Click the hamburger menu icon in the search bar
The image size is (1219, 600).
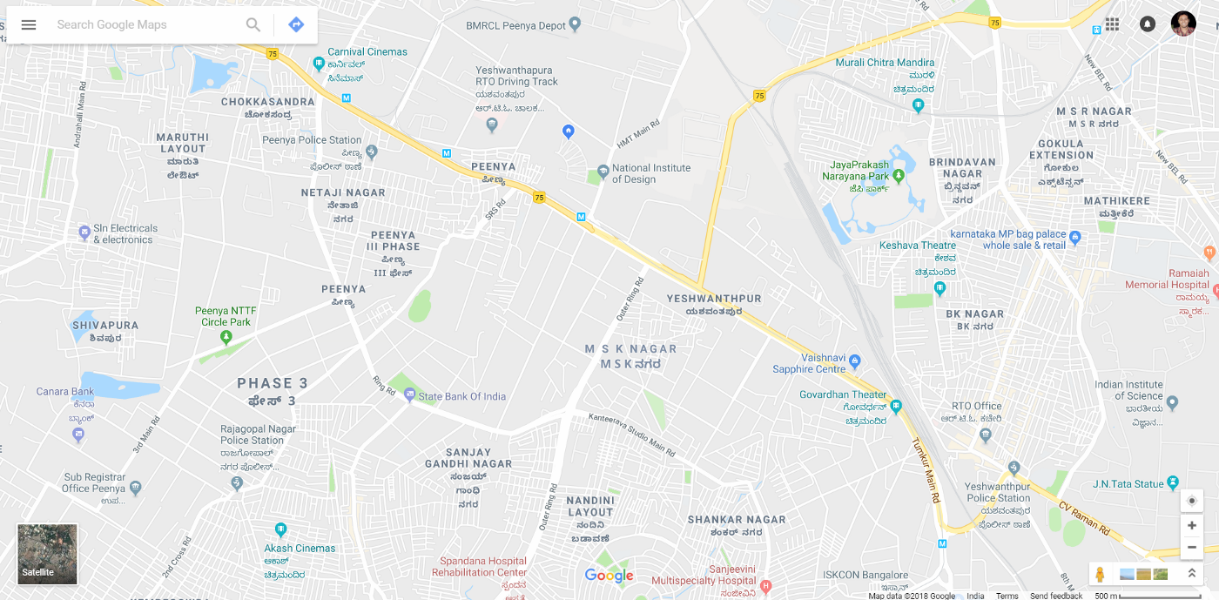[29, 24]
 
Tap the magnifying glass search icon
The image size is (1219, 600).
[253, 24]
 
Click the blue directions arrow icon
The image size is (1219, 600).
[296, 24]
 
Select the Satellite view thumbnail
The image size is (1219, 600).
[48, 554]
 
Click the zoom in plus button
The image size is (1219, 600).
[1192, 525]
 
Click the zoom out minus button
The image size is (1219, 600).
[1192, 547]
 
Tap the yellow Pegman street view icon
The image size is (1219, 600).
[1101, 575]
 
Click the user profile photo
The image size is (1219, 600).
[1183, 24]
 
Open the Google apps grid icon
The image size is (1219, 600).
[1112, 24]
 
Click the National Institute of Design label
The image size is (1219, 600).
[650, 173]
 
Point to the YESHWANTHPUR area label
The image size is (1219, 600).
[714, 299]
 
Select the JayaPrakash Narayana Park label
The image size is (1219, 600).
[857, 171]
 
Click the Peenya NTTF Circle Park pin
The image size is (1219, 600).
[226, 339]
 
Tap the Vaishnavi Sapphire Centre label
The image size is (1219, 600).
[809, 363]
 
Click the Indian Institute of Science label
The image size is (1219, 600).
[1128, 390]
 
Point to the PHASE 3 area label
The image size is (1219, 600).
[273, 383]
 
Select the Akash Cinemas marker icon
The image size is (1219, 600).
[280, 529]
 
